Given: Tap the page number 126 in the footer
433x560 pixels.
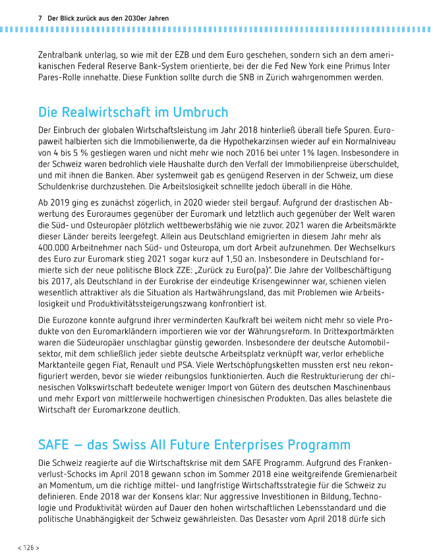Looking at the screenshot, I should tap(29, 547).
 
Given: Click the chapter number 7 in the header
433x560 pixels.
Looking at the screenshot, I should tap(40, 18).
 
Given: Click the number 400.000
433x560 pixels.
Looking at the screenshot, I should tap(57, 246).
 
